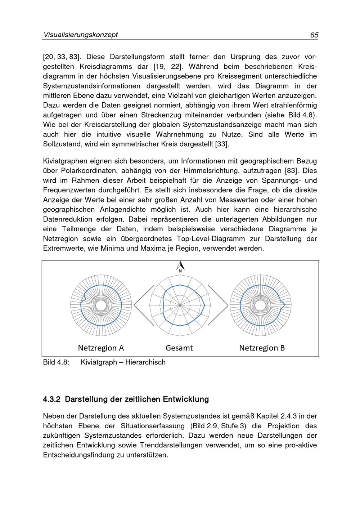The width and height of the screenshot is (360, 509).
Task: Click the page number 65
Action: pyautogui.click(x=314, y=35)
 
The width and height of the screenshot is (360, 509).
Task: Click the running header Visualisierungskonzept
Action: pyautogui.click(x=80, y=35)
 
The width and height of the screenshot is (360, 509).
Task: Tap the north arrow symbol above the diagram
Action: pyautogui.click(x=180, y=266)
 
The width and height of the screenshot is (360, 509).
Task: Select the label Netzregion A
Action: pyautogui.click(x=101, y=348)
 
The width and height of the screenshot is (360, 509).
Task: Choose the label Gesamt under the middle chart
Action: pyautogui.click(x=179, y=348)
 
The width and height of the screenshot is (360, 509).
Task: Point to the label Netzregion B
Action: pyautogui.click(x=262, y=348)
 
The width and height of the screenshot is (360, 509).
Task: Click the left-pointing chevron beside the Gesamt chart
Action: pyautogui.click(x=141, y=305)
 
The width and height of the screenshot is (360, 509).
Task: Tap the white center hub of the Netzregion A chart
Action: pyautogui.click(x=101, y=305)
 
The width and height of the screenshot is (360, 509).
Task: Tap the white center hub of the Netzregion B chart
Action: pyautogui.click(x=260, y=305)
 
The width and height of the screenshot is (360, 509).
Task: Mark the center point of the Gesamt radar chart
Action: pyautogui.click(x=180, y=305)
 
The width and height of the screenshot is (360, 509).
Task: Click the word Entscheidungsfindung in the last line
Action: pyautogui.click(x=78, y=455)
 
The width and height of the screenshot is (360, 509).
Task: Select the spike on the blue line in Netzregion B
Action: pyautogui.click(x=284, y=305)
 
